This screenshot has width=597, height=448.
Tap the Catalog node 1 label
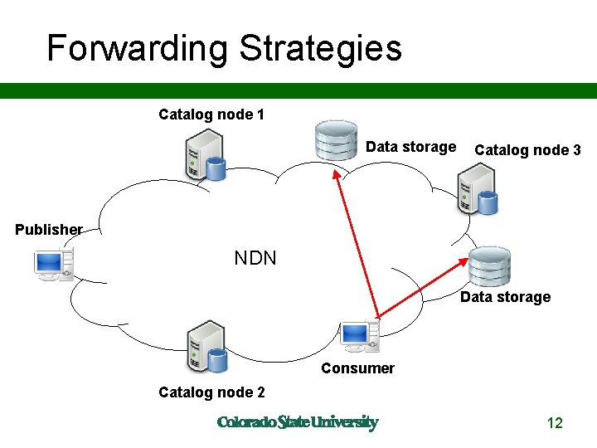[x=211, y=114]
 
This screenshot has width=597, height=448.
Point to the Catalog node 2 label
[x=211, y=392]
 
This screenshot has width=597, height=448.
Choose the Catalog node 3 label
[x=527, y=150]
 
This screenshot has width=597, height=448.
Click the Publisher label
[x=49, y=229]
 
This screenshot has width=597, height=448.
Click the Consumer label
[x=357, y=368]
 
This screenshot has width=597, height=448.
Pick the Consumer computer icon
[x=360, y=335]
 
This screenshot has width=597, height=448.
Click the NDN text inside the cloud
[x=255, y=258]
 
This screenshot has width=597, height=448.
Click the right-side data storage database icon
[x=489, y=265]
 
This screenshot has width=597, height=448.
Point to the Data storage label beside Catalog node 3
[x=410, y=147]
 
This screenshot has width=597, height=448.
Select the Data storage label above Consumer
[x=505, y=297]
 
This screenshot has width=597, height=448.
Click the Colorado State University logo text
[x=297, y=422]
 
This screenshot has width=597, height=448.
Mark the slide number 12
[x=555, y=423]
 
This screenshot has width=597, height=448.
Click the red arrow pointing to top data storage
[x=356, y=242]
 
